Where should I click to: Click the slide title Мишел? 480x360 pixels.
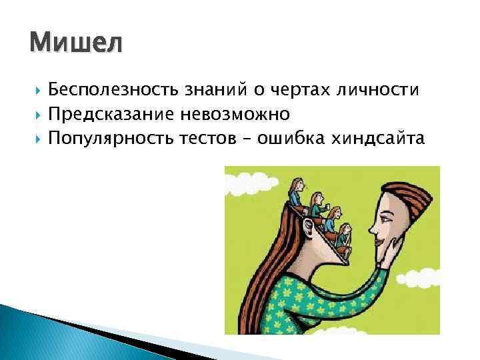76,45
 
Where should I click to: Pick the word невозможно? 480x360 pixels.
234,115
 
